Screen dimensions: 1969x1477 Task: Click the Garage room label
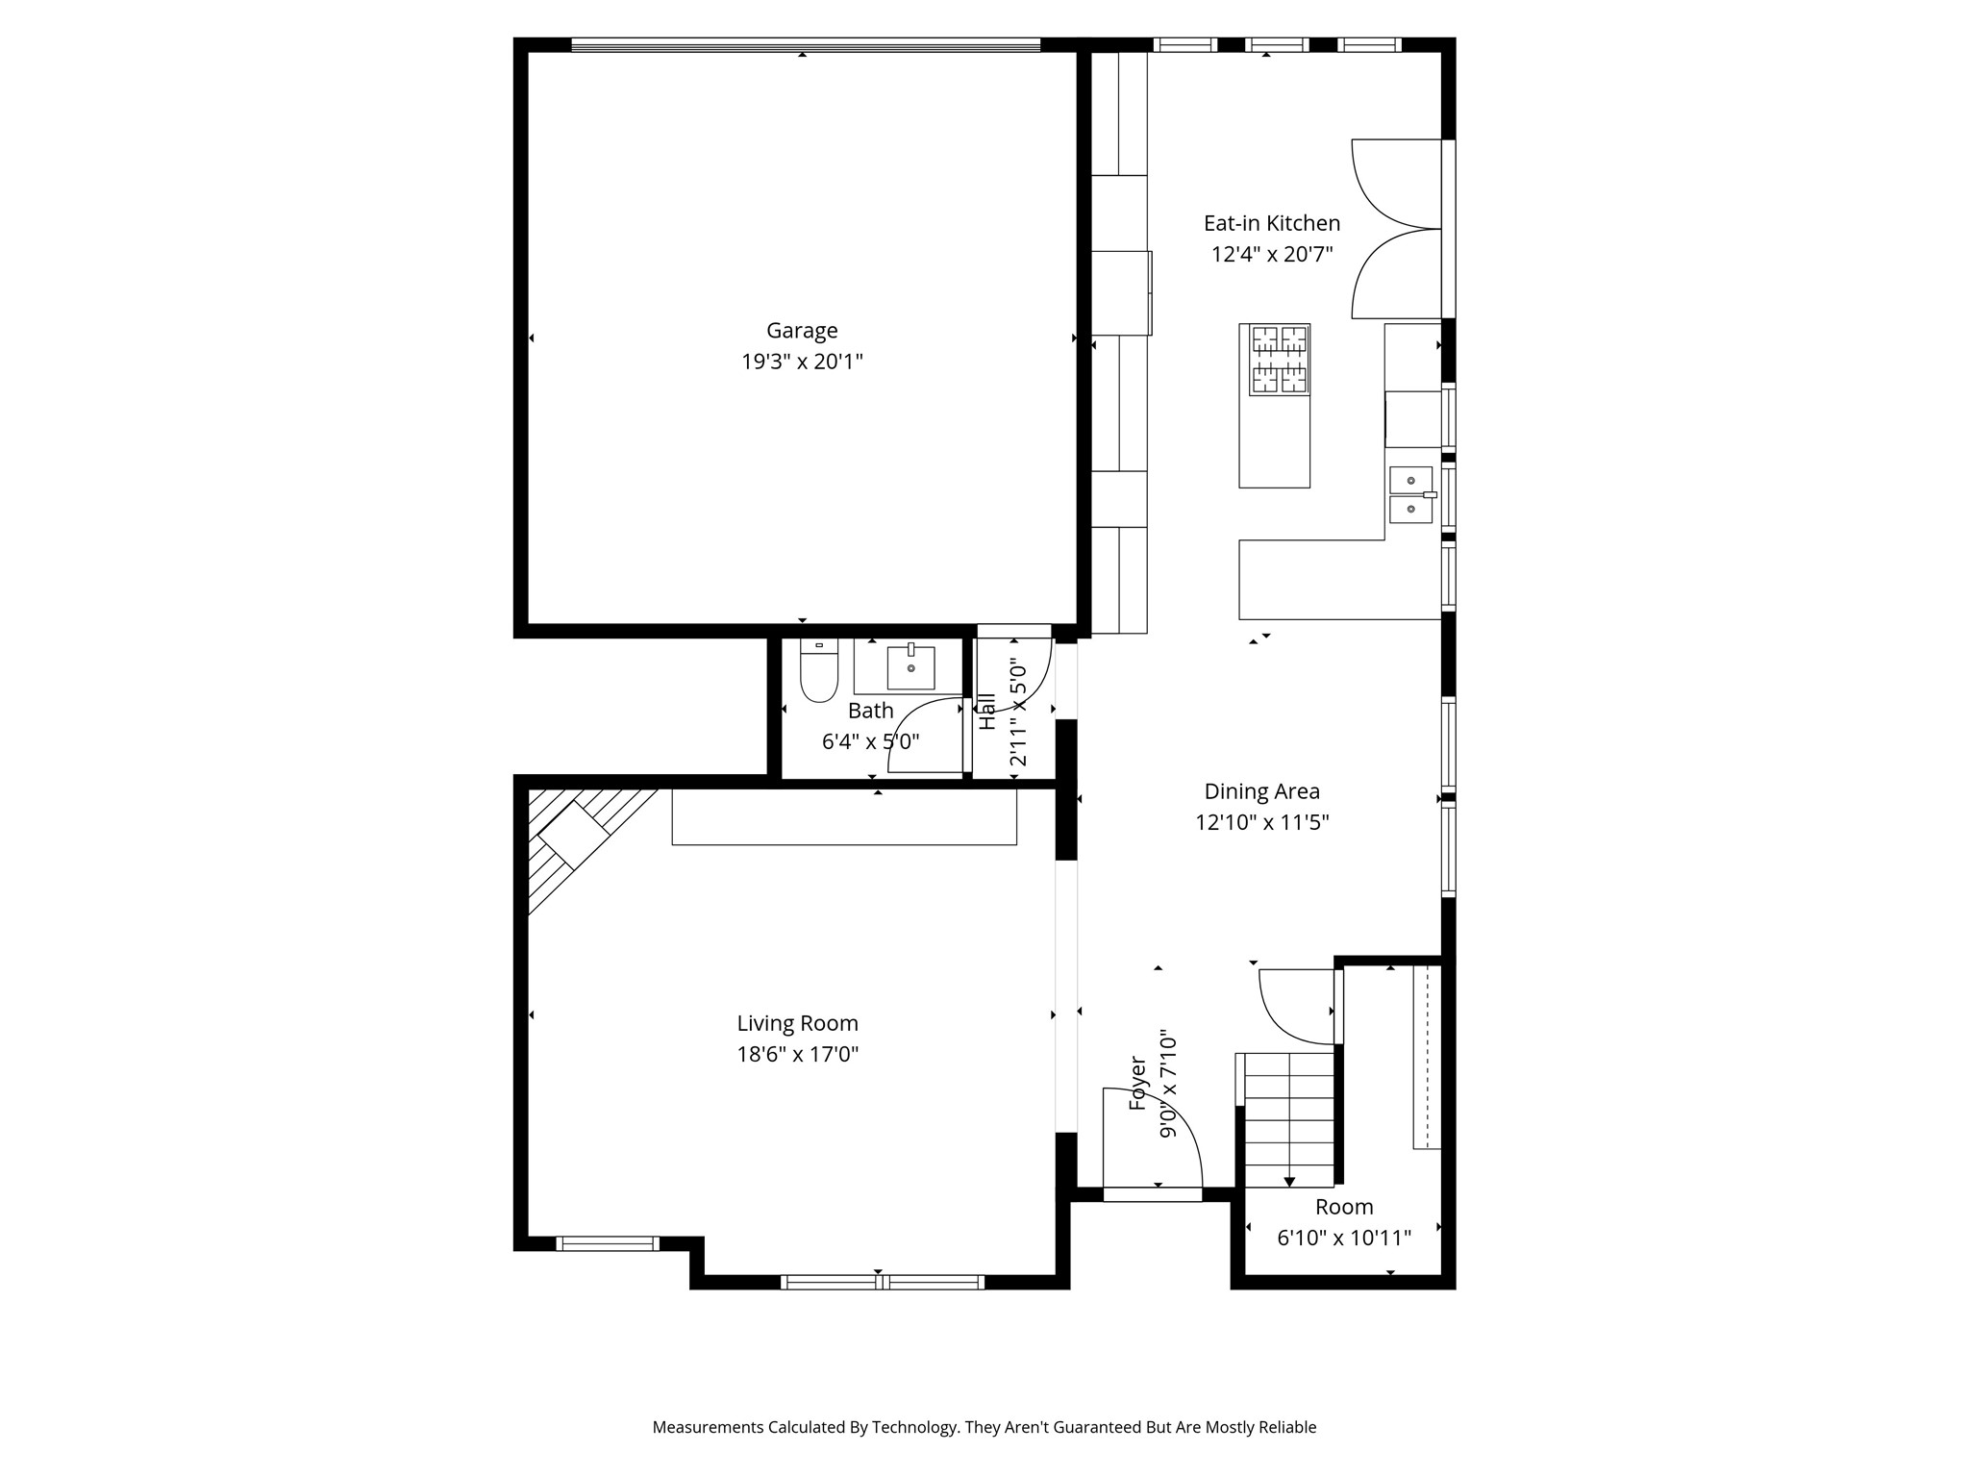pyautogui.click(x=802, y=331)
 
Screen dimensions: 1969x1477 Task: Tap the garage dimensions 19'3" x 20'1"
pyautogui.click(x=802, y=363)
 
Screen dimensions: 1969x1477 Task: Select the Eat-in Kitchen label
pyautogui.click(x=1272, y=223)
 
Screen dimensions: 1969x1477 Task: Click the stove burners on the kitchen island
pyautogui.click(x=1280, y=360)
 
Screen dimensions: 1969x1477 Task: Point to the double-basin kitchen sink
pyautogui.click(x=1411, y=494)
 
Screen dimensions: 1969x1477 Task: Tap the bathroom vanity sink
pyautogui.click(x=910, y=666)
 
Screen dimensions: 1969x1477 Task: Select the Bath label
pyautogui.click(x=871, y=711)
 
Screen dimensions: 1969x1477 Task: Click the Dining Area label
pyautogui.click(x=1262, y=791)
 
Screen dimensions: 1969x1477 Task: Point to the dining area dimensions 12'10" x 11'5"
pyautogui.click(x=1262, y=822)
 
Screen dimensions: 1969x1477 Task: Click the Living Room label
pyautogui.click(x=798, y=1023)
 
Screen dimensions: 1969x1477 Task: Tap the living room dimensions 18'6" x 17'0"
pyautogui.click(x=798, y=1054)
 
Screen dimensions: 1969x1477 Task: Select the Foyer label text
pyautogui.click(x=1137, y=1084)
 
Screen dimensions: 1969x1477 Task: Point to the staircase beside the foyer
pyautogui.click(x=1289, y=1118)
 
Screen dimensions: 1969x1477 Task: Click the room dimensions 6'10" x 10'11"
pyautogui.click(x=1344, y=1239)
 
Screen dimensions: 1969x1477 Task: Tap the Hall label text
pyautogui.click(x=987, y=712)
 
